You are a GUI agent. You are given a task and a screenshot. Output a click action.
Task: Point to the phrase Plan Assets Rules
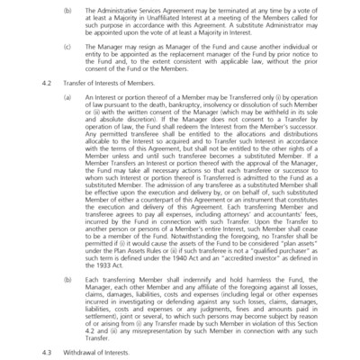144,251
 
